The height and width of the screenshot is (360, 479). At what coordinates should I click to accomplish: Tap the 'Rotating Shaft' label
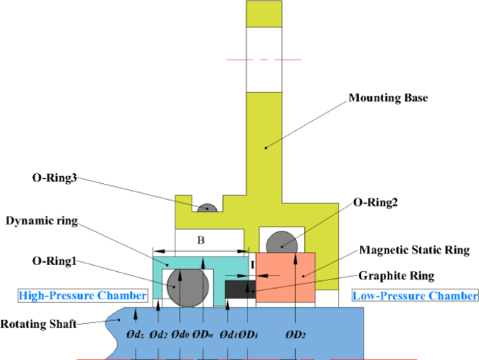point(41,324)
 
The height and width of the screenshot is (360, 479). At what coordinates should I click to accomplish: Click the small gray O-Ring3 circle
point(206,209)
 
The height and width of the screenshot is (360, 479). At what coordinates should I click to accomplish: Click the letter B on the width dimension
point(200,240)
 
